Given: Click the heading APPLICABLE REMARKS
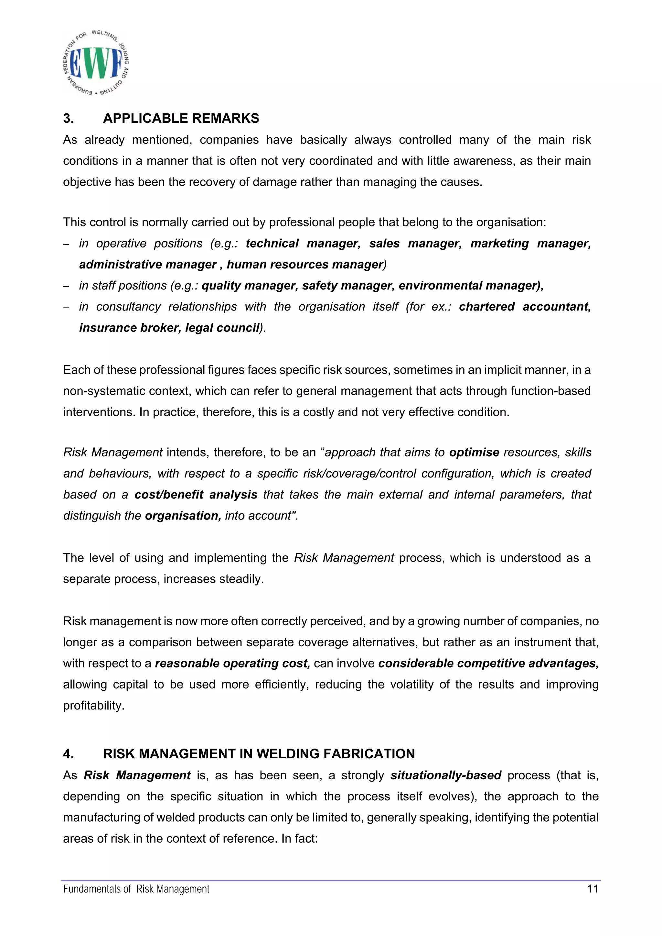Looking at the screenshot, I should (181, 118).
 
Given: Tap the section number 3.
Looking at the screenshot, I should (69, 118).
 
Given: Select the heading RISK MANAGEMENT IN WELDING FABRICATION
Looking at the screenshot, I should (259, 754).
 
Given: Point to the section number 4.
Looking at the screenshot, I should (69, 754).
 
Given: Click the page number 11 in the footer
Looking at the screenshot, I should (592, 889).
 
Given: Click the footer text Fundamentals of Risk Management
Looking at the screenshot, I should (136, 889).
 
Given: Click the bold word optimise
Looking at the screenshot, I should (474, 453).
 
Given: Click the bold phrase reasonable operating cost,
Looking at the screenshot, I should (232, 663).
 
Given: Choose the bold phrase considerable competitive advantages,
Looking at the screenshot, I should (488, 663).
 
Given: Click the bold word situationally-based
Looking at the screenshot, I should (445, 775).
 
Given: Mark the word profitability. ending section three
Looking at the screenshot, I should (93, 706).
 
